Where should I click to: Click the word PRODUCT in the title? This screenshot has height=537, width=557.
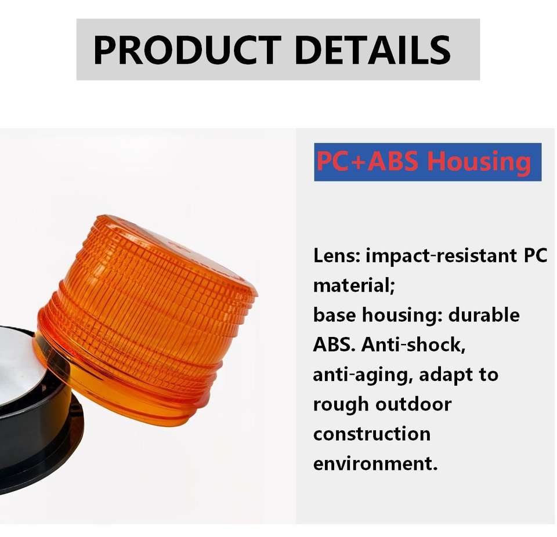tap(188, 50)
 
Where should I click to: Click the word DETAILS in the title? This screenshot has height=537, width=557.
tap(372, 50)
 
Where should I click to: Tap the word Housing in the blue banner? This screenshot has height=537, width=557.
tap(479, 162)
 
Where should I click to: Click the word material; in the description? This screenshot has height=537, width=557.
tap(354, 285)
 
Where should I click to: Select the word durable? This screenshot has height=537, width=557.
tap(484, 315)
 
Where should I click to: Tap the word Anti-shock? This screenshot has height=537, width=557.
tap(414, 344)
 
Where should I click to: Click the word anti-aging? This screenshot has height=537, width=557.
tap(363, 375)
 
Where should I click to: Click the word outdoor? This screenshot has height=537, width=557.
tap(414, 404)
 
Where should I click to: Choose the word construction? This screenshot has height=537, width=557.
tap(372, 434)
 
